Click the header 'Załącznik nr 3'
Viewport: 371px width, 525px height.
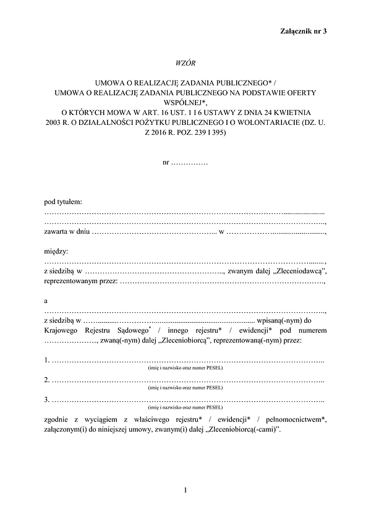pos(304,30)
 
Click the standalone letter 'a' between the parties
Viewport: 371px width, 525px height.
pos(46,301)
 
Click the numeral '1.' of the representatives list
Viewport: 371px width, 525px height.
pos(48,361)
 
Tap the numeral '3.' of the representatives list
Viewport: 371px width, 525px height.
pos(48,400)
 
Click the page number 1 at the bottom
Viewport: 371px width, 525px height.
pos(185,491)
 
